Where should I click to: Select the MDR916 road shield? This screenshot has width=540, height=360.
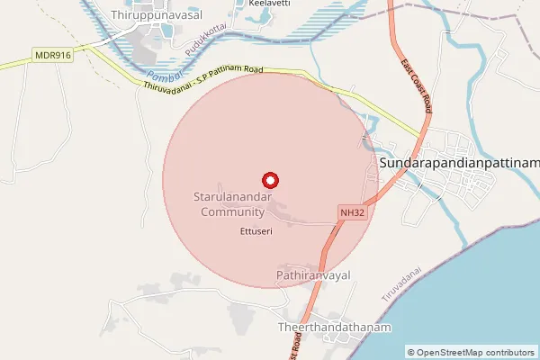(x=53, y=56)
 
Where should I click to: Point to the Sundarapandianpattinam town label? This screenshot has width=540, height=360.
(x=459, y=163)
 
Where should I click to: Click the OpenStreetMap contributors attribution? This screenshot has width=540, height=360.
(x=471, y=352)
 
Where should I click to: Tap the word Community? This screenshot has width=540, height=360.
(x=232, y=212)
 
